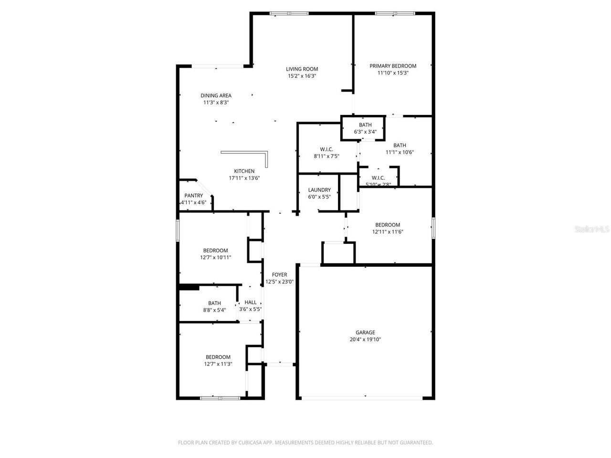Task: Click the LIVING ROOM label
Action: (302, 69)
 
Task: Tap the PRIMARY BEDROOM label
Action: (393, 66)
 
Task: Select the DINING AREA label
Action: (216, 95)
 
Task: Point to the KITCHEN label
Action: (244, 171)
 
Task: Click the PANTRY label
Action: (193, 196)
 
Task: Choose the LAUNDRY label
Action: (319, 190)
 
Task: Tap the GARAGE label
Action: (365, 333)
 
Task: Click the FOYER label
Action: (279, 275)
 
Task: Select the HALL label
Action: (251, 302)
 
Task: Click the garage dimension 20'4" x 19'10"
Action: (365, 340)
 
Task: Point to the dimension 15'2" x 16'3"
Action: (302, 76)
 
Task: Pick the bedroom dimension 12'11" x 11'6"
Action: (387, 232)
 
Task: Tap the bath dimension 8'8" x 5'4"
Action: (214, 310)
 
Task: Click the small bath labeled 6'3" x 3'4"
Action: (365, 129)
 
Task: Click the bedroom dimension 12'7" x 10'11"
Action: (215, 258)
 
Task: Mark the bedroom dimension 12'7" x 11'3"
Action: (218, 364)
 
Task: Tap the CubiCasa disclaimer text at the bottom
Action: (305, 443)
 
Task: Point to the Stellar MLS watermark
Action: (592, 229)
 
